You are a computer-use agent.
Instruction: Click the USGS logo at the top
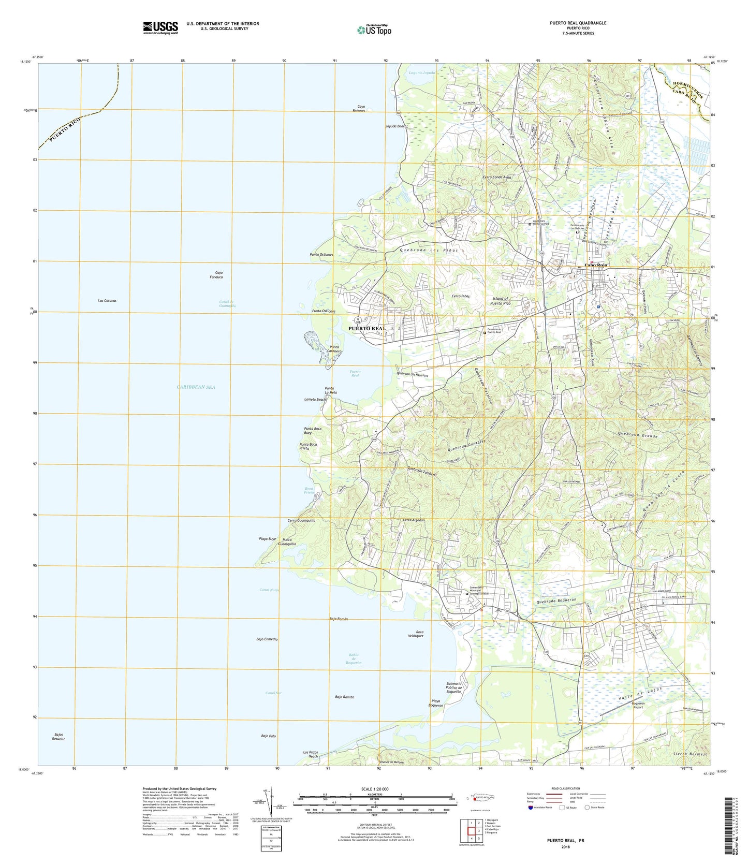click(160, 27)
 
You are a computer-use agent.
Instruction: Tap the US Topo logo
click(374, 30)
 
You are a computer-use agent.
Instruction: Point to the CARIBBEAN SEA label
click(188, 387)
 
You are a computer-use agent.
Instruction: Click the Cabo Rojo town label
click(595, 266)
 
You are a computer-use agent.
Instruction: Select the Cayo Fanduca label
click(215, 275)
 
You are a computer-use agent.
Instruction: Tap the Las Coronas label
click(107, 300)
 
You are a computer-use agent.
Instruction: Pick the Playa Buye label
click(268, 539)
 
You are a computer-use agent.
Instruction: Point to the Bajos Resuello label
click(58, 737)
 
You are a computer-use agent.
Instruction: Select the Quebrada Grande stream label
click(637, 436)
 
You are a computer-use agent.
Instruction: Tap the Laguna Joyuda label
click(421, 73)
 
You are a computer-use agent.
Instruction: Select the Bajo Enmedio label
click(267, 640)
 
